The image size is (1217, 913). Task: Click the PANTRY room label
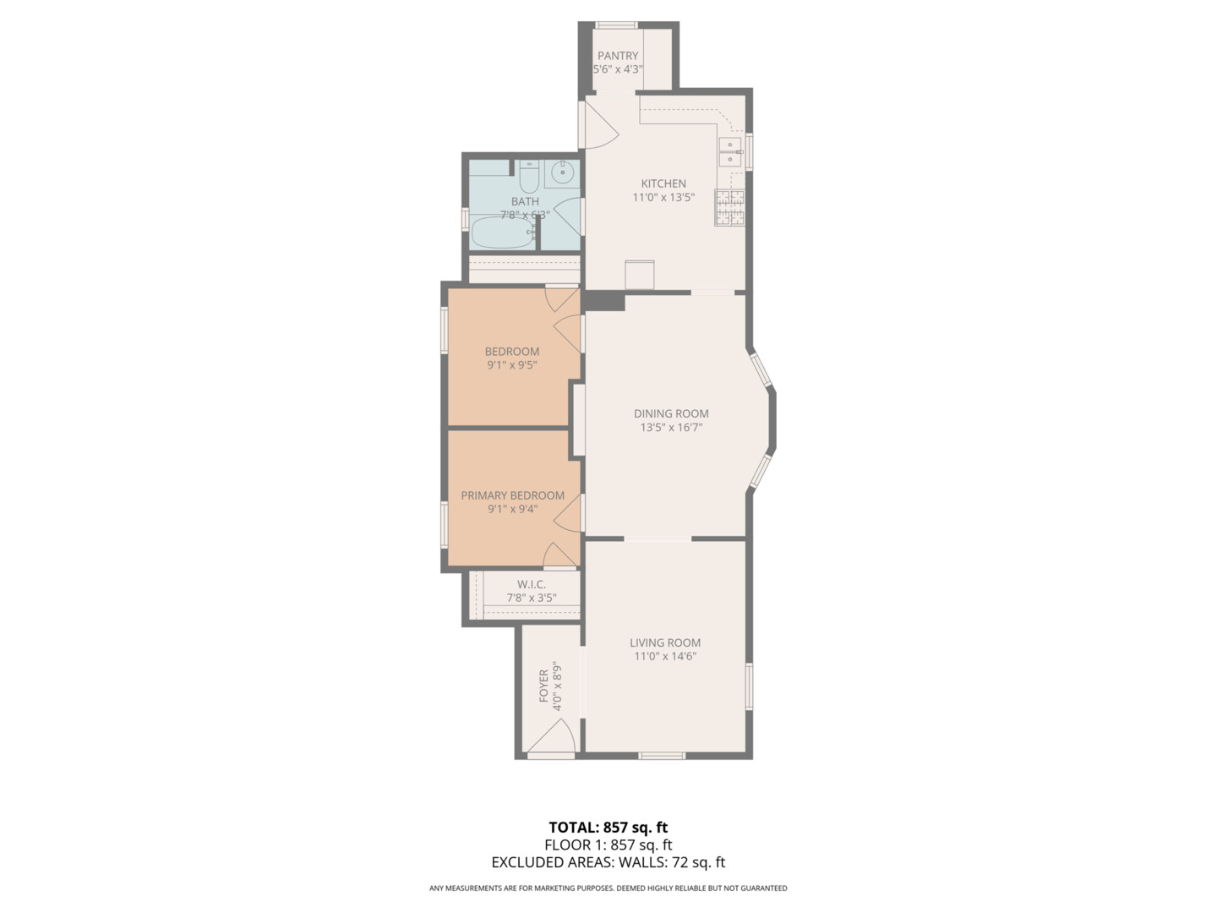[618, 56]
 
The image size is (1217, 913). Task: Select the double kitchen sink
[730, 153]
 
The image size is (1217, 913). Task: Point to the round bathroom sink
[562, 174]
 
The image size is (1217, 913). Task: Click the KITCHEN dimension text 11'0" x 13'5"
[663, 198]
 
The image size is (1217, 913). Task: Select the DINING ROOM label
[671, 413]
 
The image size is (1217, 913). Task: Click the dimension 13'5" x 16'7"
[671, 428]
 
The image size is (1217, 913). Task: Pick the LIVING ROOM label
[665, 642]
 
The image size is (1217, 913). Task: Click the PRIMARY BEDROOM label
[512, 495]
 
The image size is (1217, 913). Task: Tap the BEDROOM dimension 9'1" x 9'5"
[512, 365]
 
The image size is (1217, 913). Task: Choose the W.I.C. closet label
[532, 584]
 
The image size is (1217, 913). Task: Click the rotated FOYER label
[543, 686]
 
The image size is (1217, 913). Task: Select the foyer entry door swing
[552, 739]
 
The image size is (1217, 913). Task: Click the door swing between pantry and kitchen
[599, 125]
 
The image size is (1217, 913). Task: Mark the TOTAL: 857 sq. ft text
[608, 828]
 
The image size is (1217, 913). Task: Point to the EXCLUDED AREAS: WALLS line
[608, 862]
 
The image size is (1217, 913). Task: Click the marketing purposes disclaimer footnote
[608, 888]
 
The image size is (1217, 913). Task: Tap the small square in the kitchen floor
[640, 275]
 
